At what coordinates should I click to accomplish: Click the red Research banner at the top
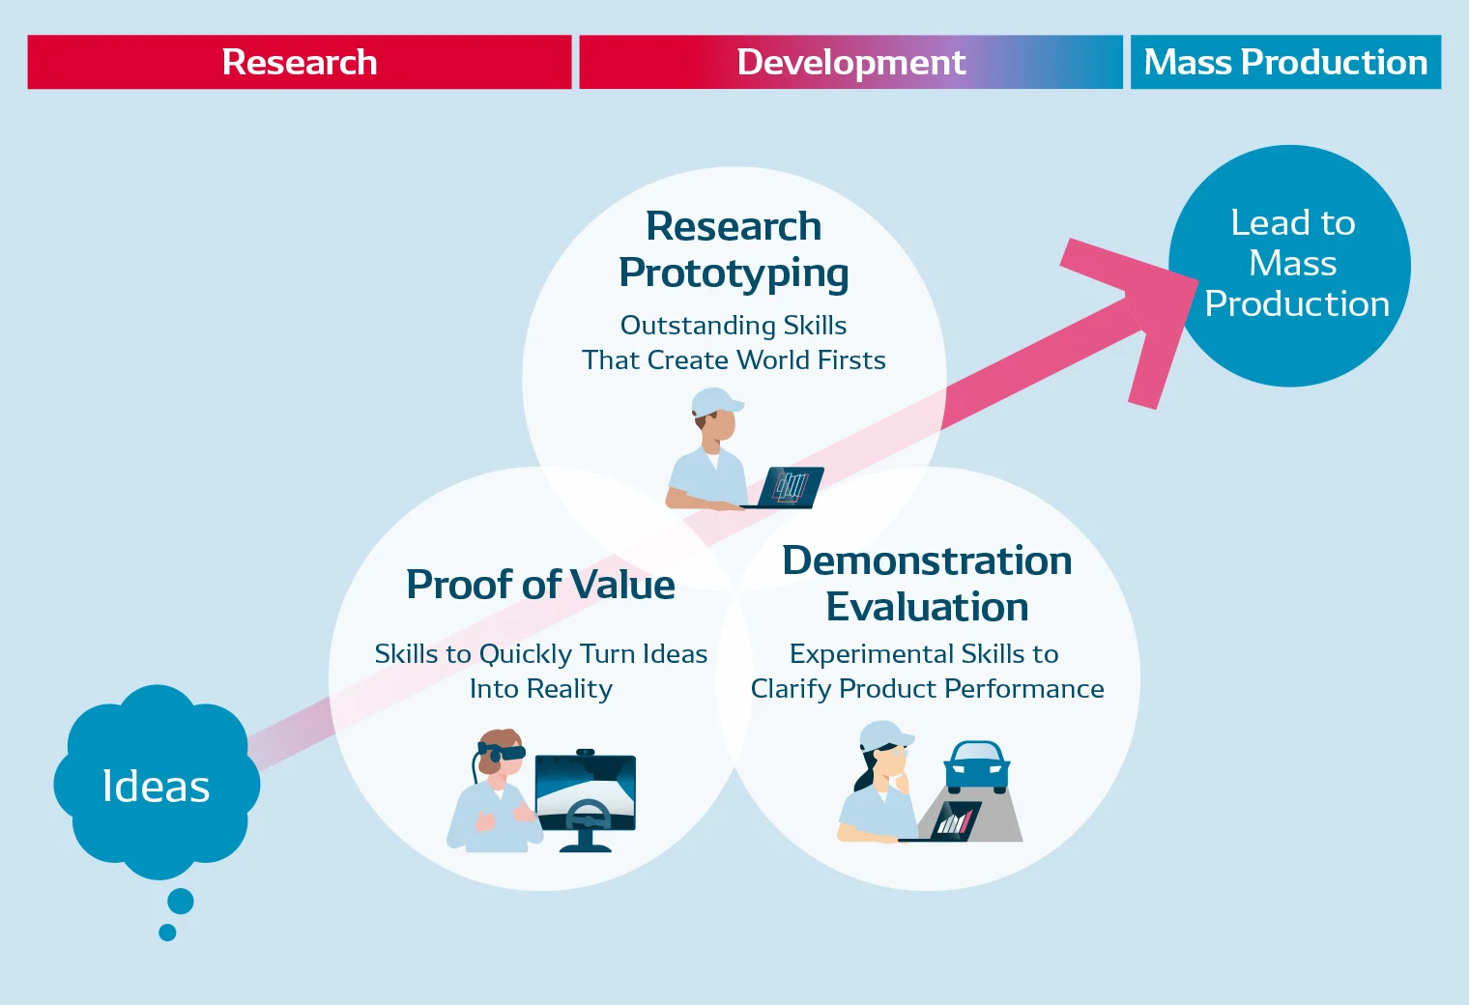(300, 62)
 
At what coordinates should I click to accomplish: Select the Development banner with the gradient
(850, 62)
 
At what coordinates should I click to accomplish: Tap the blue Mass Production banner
(1285, 62)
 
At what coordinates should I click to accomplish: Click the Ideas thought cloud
(156, 785)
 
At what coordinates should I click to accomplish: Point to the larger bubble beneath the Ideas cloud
(181, 902)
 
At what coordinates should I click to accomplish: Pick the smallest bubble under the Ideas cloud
(167, 933)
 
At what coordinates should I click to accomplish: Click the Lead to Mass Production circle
(1291, 265)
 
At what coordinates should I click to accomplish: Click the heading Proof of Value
(540, 585)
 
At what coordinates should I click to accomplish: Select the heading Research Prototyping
(734, 249)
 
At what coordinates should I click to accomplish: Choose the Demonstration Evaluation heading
(927, 584)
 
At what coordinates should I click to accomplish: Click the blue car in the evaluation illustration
(977, 765)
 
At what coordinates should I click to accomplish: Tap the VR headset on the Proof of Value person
(504, 752)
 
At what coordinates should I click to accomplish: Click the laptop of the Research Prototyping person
(791, 486)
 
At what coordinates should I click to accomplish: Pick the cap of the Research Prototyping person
(716, 399)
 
